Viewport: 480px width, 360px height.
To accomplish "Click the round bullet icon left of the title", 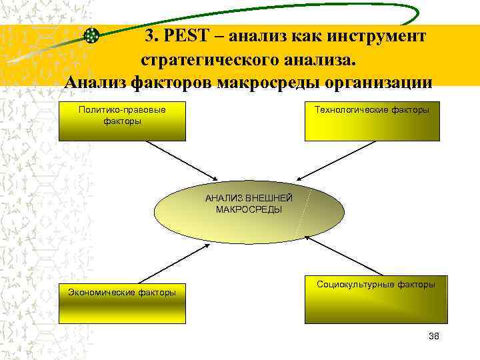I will [x=93, y=37].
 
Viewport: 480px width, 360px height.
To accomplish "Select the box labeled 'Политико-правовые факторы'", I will [x=122, y=121].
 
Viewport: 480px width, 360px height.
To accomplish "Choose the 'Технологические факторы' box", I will [x=372, y=121].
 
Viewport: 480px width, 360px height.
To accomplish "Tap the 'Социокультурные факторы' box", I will [x=376, y=299].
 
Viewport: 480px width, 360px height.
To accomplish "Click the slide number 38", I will [x=434, y=336].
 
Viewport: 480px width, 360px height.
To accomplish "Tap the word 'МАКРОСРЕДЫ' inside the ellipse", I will [x=249, y=209].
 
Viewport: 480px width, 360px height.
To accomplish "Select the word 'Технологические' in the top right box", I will [x=353, y=109].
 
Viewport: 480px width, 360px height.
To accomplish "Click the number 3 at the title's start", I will [x=149, y=36].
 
